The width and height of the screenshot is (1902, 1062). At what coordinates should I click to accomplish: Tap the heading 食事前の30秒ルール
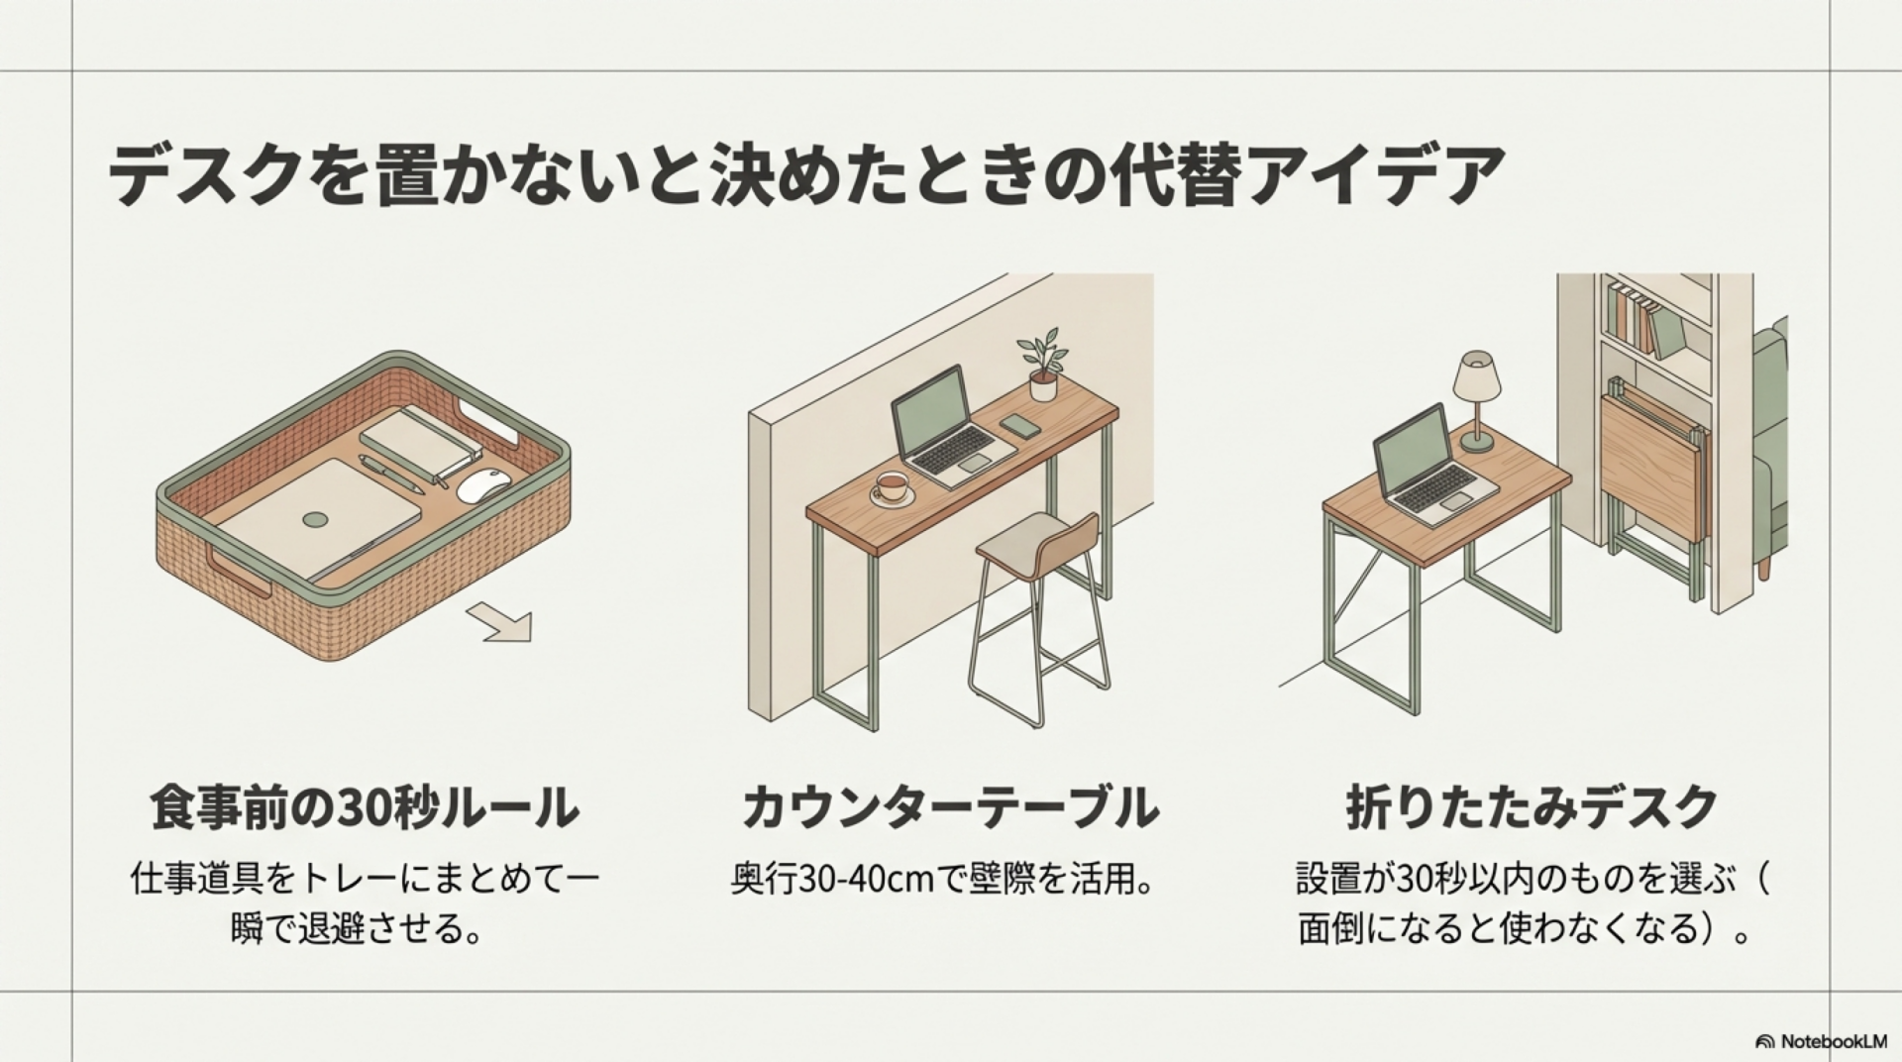pyautogui.click(x=365, y=807)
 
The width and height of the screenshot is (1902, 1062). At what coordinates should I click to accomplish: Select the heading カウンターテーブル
pyautogui.click(x=950, y=807)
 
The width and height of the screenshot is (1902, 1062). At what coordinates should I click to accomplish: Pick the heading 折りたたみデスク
pyautogui.click(x=1532, y=807)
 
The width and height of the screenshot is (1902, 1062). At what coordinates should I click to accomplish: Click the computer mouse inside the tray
pyautogui.click(x=485, y=484)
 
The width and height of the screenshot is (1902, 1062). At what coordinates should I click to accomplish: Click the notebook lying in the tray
pyautogui.click(x=420, y=444)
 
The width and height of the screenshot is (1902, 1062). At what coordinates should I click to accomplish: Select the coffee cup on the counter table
pyautogui.click(x=891, y=487)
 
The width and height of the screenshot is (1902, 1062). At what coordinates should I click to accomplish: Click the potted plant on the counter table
pyautogui.click(x=1041, y=367)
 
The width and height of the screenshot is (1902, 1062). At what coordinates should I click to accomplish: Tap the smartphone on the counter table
pyautogui.click(x=1019, y=427)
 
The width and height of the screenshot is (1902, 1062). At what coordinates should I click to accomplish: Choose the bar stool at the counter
pyautogui.click(x=1035, y=604)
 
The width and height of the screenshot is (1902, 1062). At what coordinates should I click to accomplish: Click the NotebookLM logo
pyautogui.click(x=1821, y=1041)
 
